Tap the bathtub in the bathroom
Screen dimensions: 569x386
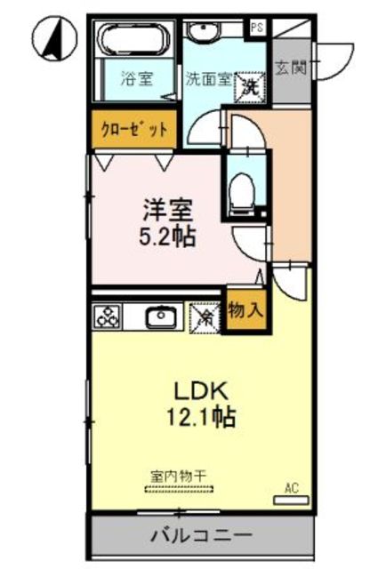(x=133, y=41)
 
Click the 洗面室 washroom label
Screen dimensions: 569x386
(x=207, y=78)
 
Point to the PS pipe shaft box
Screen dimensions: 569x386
(x=257, y=27)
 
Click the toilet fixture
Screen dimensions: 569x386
(x=238, y=192)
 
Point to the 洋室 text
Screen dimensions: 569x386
(x=169, y=212)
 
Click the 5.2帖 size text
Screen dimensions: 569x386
(x=169, y=237)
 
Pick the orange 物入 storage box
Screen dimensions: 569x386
(x=243, y=310)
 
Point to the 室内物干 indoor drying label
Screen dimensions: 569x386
(x=178, y=476)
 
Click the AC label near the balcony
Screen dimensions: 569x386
(x=290, y=488)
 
